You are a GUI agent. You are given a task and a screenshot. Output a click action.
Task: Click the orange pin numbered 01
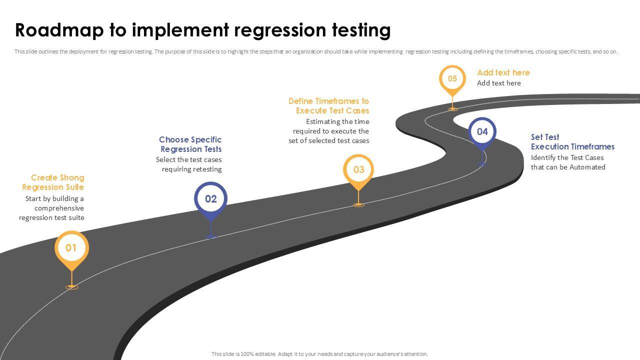click(71, 248)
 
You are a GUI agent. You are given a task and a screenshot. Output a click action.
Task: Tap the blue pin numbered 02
click(211, 199)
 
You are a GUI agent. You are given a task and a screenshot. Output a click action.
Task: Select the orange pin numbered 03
click(358, 169)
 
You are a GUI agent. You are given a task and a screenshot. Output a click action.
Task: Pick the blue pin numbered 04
click(482, 131)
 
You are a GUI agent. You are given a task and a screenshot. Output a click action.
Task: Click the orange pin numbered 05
click(452, 79)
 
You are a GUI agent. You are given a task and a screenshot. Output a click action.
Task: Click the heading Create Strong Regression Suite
click(53, 182)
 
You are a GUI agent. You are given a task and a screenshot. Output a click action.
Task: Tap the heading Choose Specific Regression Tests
click(190, 144)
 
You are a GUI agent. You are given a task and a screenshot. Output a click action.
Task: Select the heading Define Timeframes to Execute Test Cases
click(329, 106)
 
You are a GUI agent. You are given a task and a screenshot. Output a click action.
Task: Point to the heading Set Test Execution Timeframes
click(572, 142)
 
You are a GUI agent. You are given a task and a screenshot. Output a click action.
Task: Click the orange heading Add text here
click(503, 72)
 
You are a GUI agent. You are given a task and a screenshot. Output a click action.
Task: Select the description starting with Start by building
click(52, 208)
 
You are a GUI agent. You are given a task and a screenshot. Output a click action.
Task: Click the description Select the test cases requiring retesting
click(189, 164)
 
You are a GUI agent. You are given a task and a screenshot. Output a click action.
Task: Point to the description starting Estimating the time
click(329, 131)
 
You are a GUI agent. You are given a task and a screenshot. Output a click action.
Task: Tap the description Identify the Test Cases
click(567, 162)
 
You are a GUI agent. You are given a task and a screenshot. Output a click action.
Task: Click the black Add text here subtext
click(498, 83)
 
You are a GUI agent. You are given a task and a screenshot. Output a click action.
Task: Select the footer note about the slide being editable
click(319, 354)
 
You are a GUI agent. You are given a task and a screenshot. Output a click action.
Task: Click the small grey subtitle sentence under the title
click(316, 51)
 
